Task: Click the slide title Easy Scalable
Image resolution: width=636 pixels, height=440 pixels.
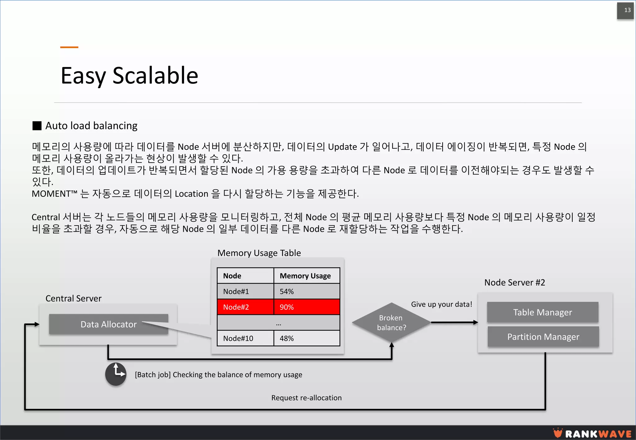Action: pos(129,76)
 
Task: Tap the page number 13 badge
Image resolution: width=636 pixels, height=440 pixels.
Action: pos(625,11)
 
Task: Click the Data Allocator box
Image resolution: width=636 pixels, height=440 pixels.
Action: pos(108,324)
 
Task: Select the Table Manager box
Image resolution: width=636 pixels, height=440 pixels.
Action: pos(543,312)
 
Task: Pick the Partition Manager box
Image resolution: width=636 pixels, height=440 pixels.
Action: pos(543,337)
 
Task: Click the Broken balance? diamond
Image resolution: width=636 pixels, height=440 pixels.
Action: pos(391,323)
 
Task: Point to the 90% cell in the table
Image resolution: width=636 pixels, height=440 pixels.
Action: pos(307,307)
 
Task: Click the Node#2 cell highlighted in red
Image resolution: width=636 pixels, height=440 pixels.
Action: pos(245,307)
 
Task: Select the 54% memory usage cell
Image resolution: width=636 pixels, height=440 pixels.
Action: pos(307,291)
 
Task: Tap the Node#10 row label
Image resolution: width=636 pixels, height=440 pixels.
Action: pos(238,338)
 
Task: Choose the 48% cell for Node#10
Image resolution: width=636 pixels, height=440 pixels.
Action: pos(307,338)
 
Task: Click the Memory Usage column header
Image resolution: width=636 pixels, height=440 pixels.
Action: pos(305,276)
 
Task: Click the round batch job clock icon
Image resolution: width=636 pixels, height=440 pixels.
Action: pos(116,374)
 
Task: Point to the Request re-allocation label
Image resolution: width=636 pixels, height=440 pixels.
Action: pos(306,398)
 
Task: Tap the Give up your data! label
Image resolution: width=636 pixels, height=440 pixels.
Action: pos(441,304)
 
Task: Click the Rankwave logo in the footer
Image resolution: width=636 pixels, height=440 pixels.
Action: pos(592,433)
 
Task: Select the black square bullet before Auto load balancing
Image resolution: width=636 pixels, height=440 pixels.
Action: pos(37,126)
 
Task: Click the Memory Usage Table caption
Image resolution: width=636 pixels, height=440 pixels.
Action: pos(259,253)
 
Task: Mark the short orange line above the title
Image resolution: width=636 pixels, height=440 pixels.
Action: pos(69,47)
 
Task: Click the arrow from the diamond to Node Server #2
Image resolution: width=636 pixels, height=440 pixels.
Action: pos(454,323)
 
